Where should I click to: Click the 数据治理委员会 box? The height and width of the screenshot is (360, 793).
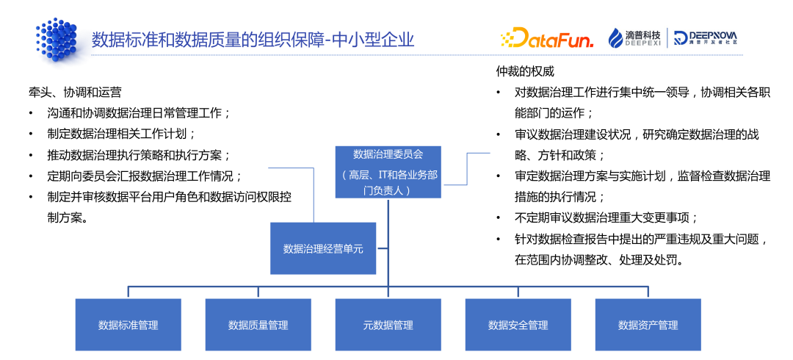click(x=388, y=171)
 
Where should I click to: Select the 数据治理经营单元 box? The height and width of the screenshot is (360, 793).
click(x=323, y=249)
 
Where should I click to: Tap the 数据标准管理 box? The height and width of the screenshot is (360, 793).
click(x=128, y=324)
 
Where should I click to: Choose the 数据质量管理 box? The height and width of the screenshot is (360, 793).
click(x=258, y=324)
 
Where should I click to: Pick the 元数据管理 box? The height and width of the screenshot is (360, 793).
click(x=388, y=324)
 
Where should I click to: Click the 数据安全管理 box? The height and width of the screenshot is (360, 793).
click(x=518, y=324)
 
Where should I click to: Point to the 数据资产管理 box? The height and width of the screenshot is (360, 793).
click(x=648, y=324)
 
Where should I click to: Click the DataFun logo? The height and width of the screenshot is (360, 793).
click(x=546, y=38)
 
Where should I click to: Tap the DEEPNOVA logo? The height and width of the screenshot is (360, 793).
click(x=705, y=38)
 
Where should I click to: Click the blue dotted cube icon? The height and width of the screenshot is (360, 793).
click(x=57, y=39)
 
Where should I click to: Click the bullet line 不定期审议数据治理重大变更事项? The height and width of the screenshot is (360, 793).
click(x=606, y=218)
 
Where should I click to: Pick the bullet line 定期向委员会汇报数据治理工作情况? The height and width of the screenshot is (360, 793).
click(x=144, y=176)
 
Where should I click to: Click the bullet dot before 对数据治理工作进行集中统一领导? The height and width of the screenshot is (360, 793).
click(x=499, y=93)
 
